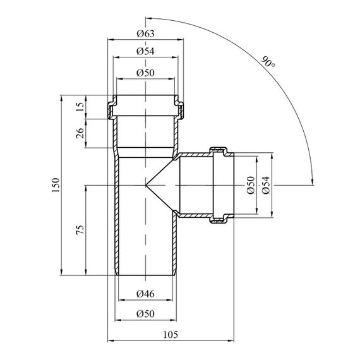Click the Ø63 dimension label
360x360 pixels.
pyautogui.click(x=145, y=33)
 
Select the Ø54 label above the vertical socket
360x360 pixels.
pyautogui.click(x=145, y=51)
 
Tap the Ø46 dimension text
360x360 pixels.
pyautogui.click(x=145, y=294)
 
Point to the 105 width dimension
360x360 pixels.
pyautogui.click(x=171, y=335)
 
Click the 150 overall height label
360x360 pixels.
pyautogui.click(x=56, y=185)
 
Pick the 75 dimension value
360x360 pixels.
pyautogui.click(x=80, y=230)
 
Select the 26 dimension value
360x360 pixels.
pyautogui.click(x=80, y=133)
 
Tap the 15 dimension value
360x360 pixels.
pyautogui.click(x=80, y=107)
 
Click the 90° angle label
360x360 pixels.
pyautogui.click(x=268, y=62)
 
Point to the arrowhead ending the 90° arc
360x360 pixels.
pyautogui.click(x=312, y=182)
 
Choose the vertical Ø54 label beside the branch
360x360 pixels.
pyautogui.click(x=266, y=185)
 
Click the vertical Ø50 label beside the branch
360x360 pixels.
pyautogui.click(x=251, y=185)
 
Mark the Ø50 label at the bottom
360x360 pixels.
pyautogui.click(x=145, y=314)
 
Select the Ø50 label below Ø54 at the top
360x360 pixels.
pyautogui.click(x=145, y=73)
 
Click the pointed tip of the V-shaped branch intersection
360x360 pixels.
pyautogui.click(x=145, y=185)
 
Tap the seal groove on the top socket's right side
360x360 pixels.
pyautogui.click(x=180, y=111)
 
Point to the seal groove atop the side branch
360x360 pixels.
pyautogui.click(x=218, y=149)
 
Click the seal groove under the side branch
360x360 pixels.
pyautogui.click(x=218, y=220)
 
